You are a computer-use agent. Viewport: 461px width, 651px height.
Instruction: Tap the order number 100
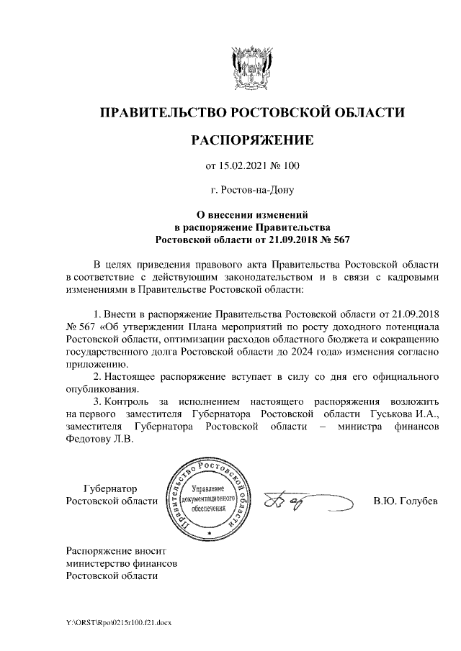(x=290, y=167)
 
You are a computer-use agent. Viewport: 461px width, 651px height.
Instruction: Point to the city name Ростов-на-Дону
(x=252, y=191)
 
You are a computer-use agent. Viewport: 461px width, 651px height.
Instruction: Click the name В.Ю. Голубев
(x=405, y=501)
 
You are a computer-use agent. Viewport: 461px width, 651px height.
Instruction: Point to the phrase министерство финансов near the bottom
(x=121, y=563)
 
